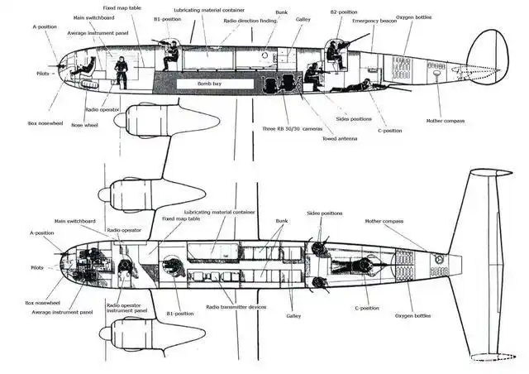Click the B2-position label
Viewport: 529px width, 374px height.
(x=344, y=12)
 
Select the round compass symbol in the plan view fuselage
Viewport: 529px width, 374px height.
(x=441, y=261)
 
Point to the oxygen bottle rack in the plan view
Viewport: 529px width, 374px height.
(x=406, y=262)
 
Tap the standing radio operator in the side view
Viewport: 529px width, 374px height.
(x=122, y=71)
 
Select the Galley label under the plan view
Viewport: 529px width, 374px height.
(x=293, y=315)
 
